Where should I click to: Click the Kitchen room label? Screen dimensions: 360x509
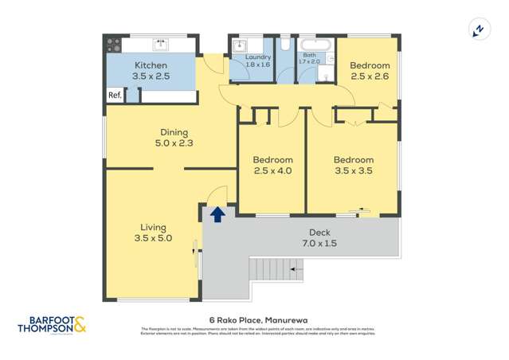[151, 65]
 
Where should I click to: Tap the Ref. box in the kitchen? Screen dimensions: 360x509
[114, 96]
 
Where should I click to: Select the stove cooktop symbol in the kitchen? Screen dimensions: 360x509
[114, 45]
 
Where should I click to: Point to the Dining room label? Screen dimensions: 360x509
[173, 132]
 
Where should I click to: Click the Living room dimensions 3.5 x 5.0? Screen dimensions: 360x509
[151, 237]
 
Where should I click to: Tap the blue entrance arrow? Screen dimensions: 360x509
[216, 213]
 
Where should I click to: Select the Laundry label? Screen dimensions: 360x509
[258, 57]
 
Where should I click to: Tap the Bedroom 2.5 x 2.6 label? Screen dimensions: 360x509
[370, 65]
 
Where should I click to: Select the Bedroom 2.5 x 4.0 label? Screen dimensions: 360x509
[272, 159]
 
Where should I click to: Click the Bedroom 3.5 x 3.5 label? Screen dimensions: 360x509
[353, 159]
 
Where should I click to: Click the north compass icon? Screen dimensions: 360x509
[478, 30]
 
